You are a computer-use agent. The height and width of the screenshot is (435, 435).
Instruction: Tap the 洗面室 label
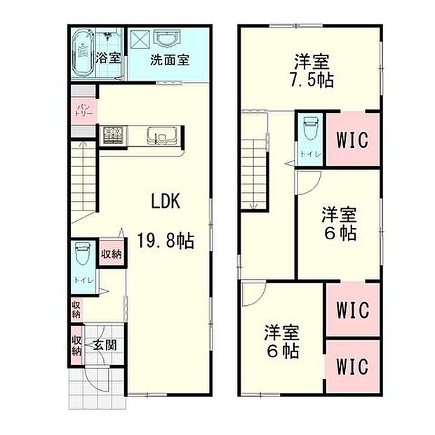[x=170, y=60]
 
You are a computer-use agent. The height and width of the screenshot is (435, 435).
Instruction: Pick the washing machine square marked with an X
[x=139, y=38]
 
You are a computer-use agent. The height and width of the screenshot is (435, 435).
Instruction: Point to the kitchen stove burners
[x=112, y=134]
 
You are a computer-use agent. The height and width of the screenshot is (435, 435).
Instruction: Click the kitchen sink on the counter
[x=156, y=135]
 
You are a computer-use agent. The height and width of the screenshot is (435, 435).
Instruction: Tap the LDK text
[x=167, y=201]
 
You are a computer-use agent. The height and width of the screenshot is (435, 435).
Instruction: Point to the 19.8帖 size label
[x=166, y=241]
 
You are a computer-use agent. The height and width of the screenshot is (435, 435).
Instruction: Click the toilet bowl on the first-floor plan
[x=81, y=254]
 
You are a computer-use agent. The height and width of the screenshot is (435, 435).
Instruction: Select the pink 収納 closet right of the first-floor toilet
[x=111, y=253]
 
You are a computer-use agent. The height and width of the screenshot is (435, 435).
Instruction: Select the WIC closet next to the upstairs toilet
[x=352, y=140]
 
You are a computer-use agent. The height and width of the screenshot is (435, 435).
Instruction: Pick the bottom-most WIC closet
[x=352, y=366]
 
